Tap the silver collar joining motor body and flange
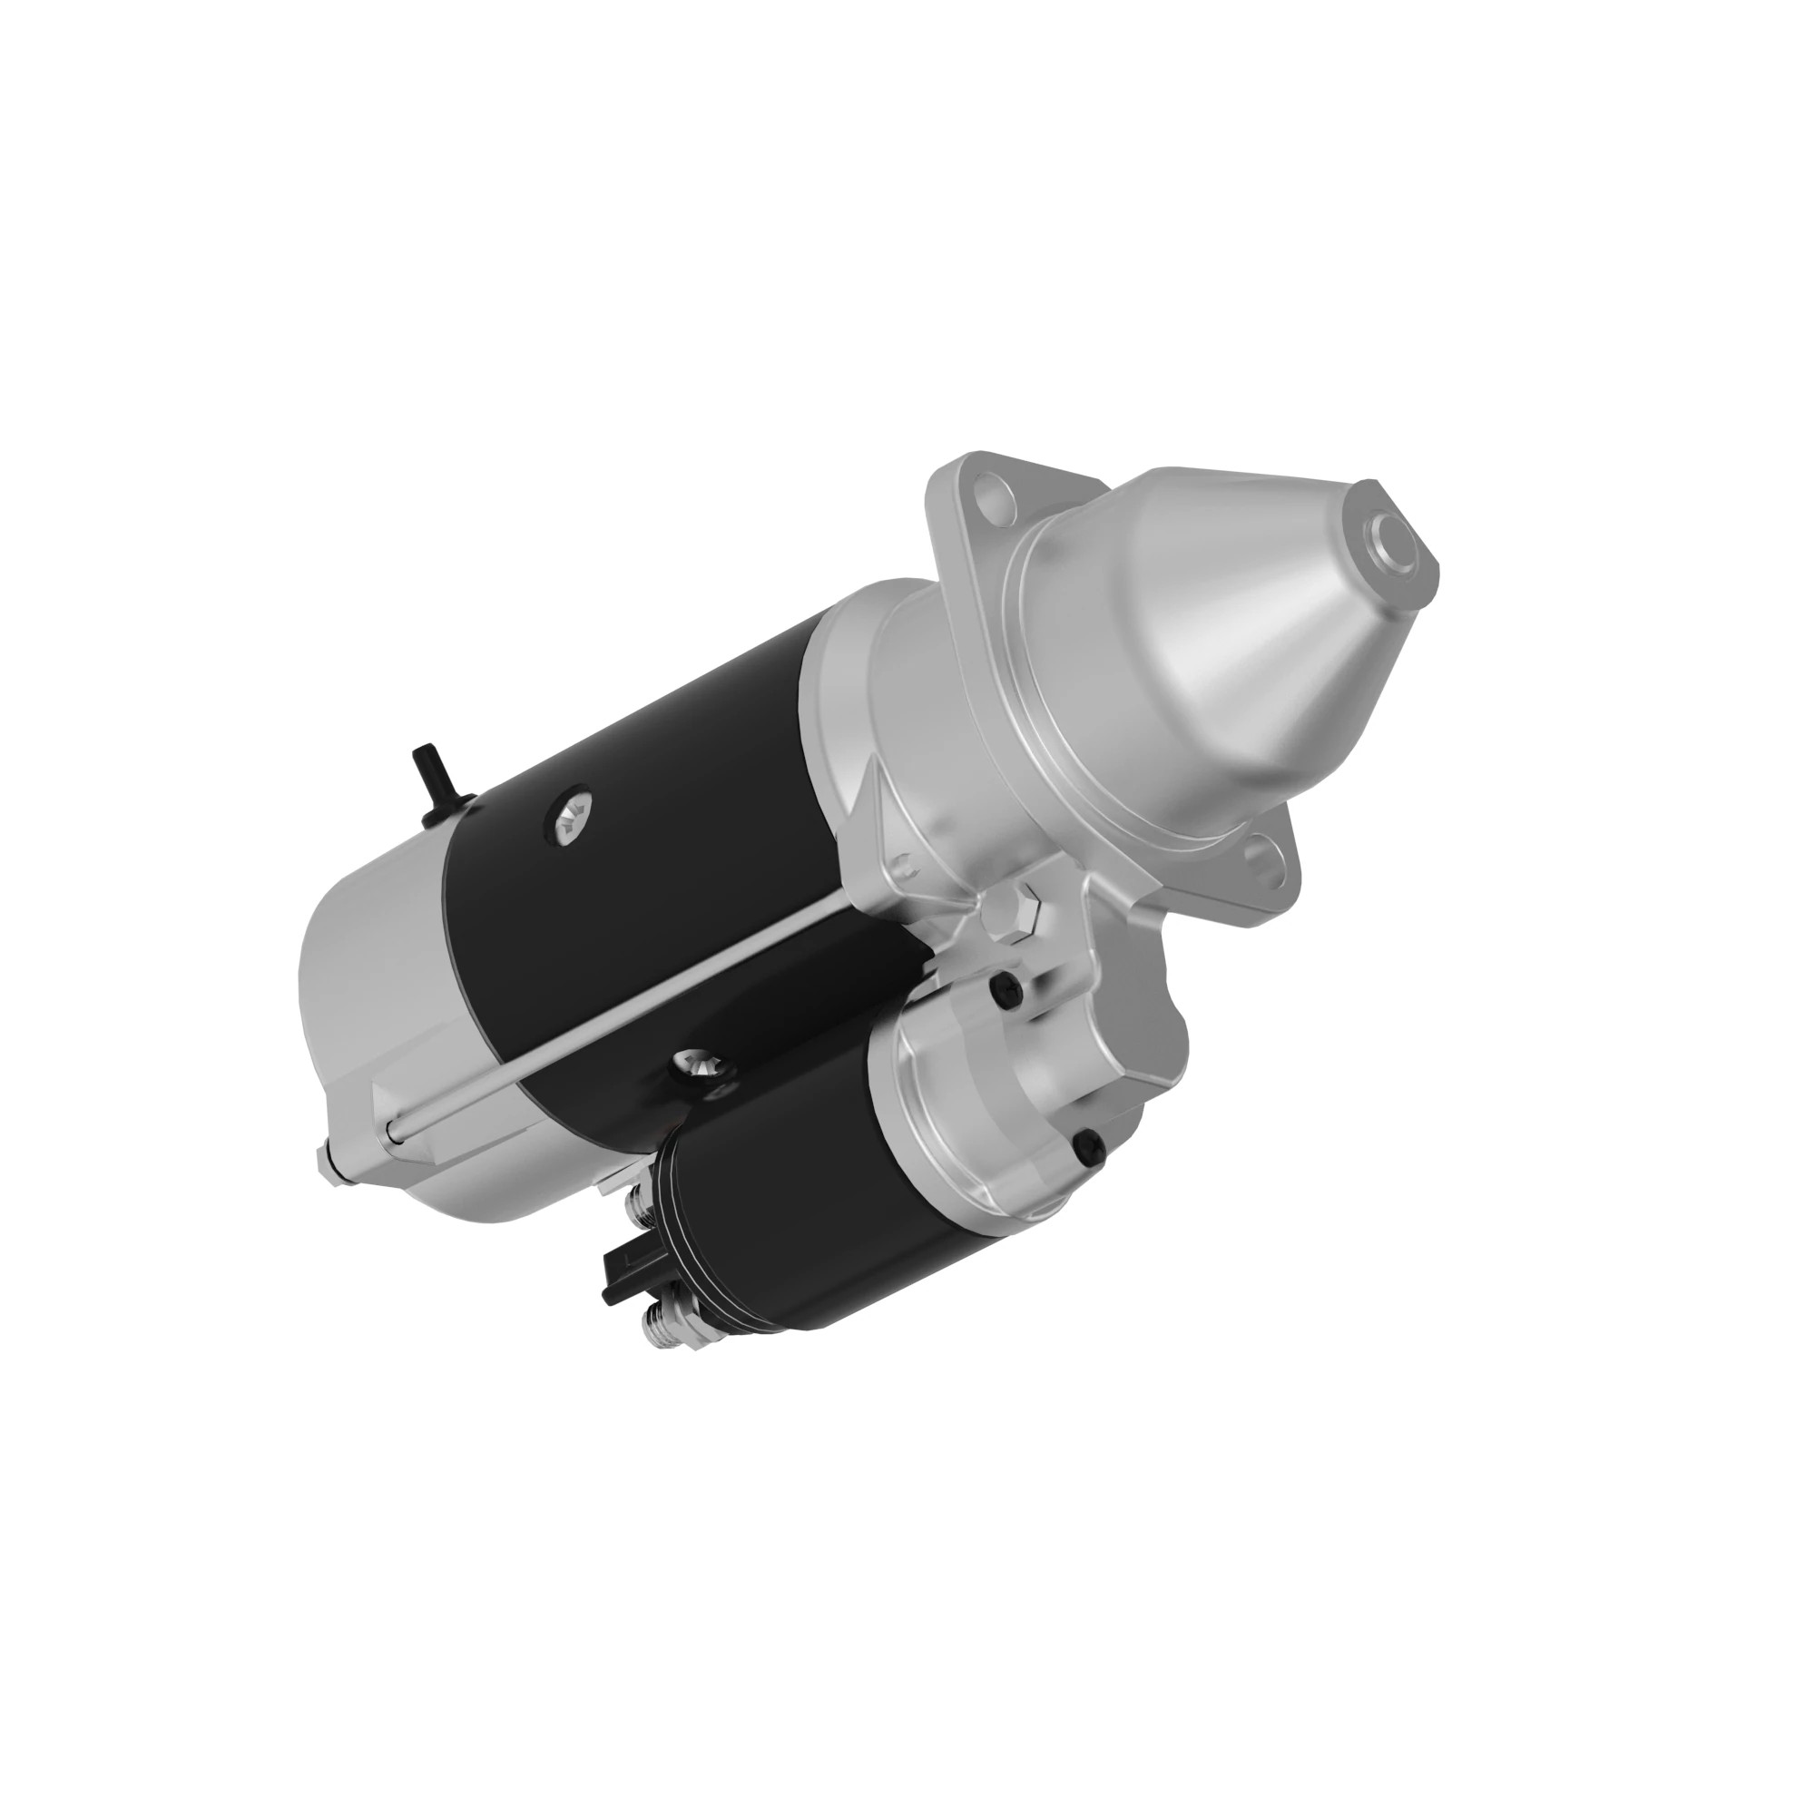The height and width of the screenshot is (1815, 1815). (874, 714)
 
